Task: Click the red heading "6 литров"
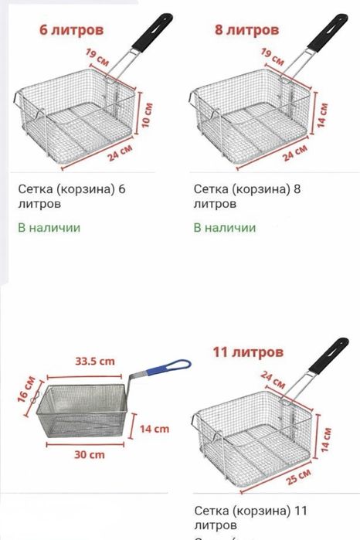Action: pyautogui.click(x=71, y=30)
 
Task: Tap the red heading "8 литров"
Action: pyautogui.click(x=246, y=30)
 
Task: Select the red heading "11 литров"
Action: pyautogui.click(x=247, y=352)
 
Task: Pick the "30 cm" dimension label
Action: pyautogui.click(x=90, y=455)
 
